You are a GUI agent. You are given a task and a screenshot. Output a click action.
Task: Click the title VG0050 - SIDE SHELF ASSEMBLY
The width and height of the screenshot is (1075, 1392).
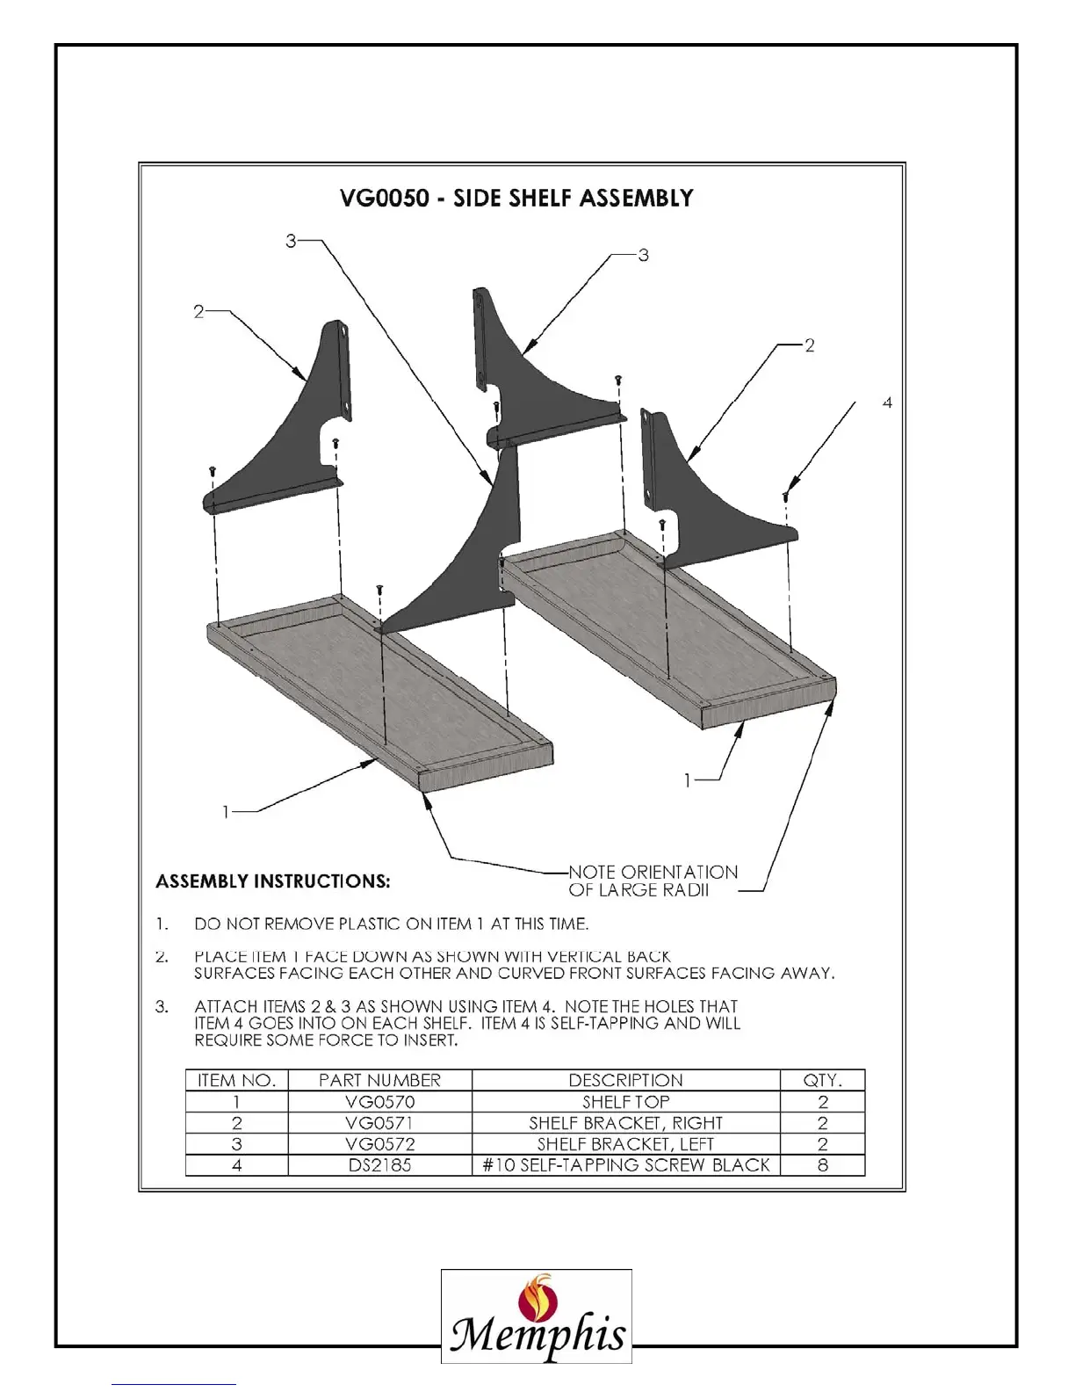pyautogui.click(x=516, y=198)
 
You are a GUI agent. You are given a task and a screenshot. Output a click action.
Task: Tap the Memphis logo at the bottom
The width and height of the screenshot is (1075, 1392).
pyautogui.click(x=536, y=1316)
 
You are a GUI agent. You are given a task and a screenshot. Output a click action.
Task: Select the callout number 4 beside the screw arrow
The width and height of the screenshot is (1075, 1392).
pyautogui.click(x=887, y=402)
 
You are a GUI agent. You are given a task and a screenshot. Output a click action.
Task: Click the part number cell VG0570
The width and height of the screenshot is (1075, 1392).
pyautogui.click(x=379, y=1102)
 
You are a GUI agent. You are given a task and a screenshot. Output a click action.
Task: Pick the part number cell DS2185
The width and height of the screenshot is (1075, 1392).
pyautogui.click(x=379, y=1165)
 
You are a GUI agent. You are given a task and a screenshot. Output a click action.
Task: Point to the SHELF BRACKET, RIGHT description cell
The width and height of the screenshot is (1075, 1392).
pyautogui.click(x=625, y=1123)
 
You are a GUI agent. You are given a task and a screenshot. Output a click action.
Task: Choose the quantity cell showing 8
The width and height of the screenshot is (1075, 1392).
pyautogui.click(x=822, y=1165)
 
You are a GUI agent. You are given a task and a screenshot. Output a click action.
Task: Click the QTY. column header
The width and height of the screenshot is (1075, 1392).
pyautogui.click(x=822, y=1080)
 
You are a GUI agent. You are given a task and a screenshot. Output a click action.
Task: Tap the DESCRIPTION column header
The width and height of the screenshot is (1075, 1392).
pyautogui.click(x=625, y=1080)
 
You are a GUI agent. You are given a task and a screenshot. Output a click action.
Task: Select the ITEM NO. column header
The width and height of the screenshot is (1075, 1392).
pyautogui.click(x=236, y=1080)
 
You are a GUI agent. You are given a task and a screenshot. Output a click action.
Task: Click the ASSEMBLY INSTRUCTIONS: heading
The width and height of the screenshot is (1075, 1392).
pyautogui.click(x=273, y=881)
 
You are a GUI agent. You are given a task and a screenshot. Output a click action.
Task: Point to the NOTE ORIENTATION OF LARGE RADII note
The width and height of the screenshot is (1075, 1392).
pyautogui.click(x=653, y=881)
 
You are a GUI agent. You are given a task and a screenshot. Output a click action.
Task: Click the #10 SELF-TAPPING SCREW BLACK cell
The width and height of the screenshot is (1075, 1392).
pyautogui.click(x=625, y=1165)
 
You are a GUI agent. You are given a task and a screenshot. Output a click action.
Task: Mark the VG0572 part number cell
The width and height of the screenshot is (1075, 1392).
pyautogui.click(x=379, y=1144)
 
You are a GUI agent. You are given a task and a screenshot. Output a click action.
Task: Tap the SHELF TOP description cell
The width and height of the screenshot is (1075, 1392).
pyautogui.click(x=625, y=1102)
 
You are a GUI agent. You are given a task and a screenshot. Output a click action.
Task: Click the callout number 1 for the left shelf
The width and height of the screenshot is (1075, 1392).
pyautogui.click(x=226, y=812)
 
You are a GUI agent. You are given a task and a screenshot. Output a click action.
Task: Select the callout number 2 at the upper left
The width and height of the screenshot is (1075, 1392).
pyautogui.click(x=198, y=312)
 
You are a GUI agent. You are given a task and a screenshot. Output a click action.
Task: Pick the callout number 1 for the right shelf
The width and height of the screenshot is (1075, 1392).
pyautogui.click(x=689, y=779)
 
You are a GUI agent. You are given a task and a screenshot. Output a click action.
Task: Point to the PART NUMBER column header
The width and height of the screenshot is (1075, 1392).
pyautogui.click(x=379, y=1080)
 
